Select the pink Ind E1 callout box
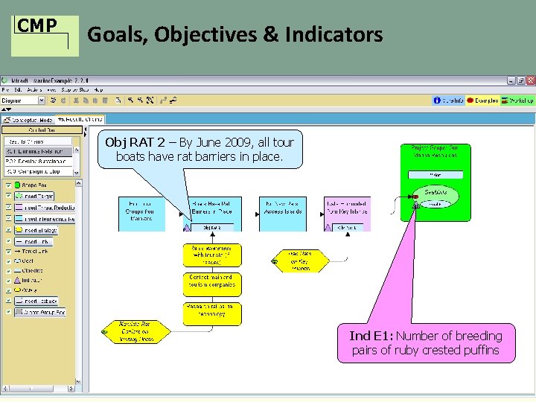click(x=426, y=343)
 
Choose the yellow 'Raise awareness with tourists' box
click(x=212, y=255)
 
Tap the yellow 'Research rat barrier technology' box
click(x=212, y=313)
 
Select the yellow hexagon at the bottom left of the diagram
click(x=135, y=332)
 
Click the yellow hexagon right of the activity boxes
click(x=299, y=260)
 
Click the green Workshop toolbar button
click(x=519, y=100)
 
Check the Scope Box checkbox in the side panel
click(x=9, y=185)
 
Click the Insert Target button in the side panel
click(x=45, y=197)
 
